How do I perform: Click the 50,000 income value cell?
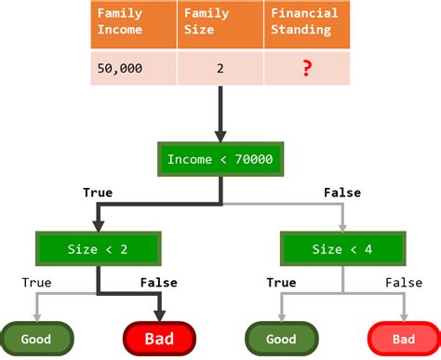[126, 69]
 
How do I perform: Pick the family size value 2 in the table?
[220, 69]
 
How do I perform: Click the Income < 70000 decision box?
[220, 159]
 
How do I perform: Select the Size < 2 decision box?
[98, 248]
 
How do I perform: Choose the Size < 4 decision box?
[341, 248]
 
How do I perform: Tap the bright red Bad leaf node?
[159, 339]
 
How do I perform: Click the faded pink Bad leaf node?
[404, 339]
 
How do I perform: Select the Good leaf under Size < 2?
[37, 339]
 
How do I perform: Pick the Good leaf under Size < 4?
[280, 339]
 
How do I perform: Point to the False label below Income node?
[341, 193]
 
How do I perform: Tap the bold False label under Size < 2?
[158, 283]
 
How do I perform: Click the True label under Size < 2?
[36, 283]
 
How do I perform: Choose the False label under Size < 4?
[403, 283]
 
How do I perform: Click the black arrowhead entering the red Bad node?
[159, 314]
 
